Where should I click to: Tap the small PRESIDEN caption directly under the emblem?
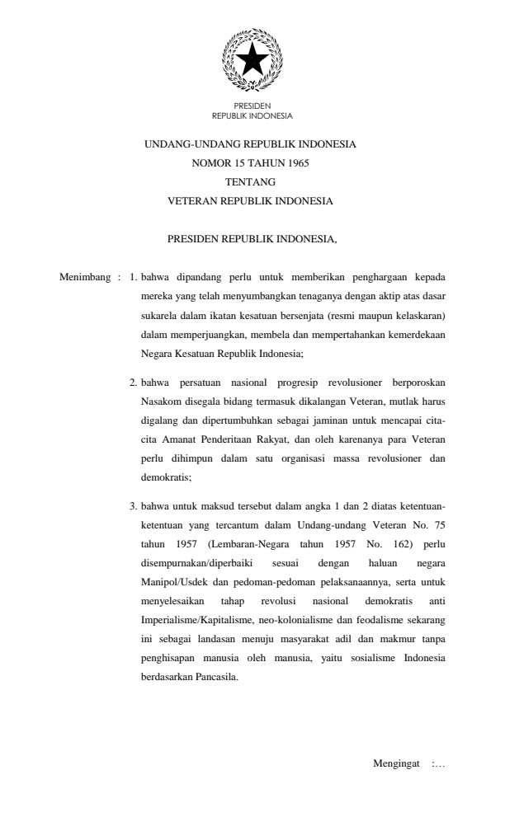pyautogui.click(x=252, y=106)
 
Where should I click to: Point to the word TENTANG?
pyautogui.click(x=251, y=181)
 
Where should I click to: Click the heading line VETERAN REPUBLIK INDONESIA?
pyautogui.click(x=251, y=200)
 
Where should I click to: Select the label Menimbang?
pyautogui.click(x=83, y=275)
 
